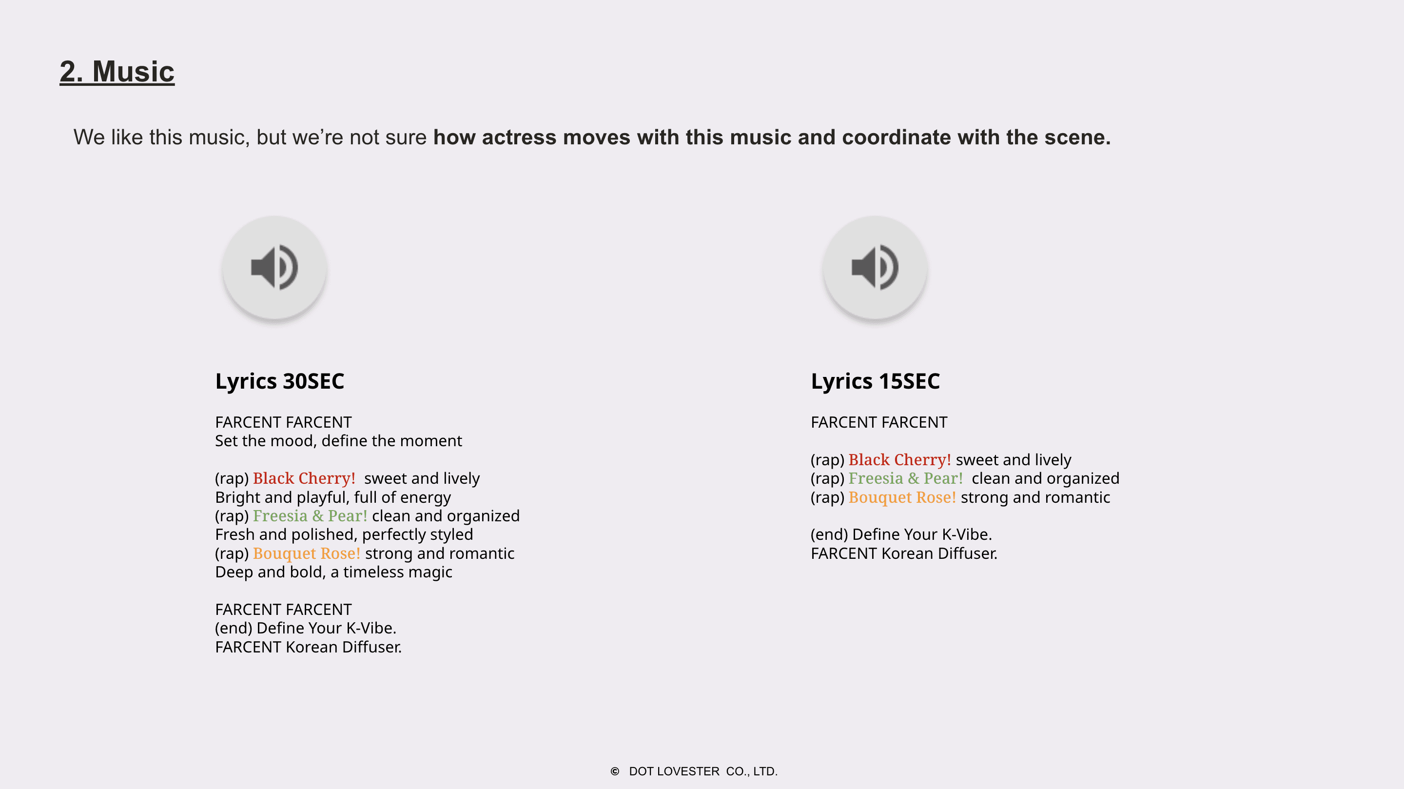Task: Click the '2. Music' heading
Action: coord(117,71)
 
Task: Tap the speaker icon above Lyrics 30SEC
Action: coord(274,267)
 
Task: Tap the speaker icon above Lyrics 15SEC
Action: coord(875,267)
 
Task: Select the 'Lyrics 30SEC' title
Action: coord(280,381)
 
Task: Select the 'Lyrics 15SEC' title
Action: coord(876,381)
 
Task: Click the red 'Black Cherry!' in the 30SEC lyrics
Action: coord(304,478)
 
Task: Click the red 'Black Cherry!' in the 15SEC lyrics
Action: coord(900,460)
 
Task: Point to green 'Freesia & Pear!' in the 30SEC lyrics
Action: coord(310,516)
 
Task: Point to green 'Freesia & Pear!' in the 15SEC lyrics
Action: coord(906,478)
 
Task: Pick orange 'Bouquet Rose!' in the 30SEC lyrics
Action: coord(307,553)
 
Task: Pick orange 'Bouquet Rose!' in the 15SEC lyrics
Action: coord(902,497)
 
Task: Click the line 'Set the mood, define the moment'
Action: coord(338,440)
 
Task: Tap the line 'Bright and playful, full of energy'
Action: coord(333,497)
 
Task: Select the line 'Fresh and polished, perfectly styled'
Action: coord(344,534)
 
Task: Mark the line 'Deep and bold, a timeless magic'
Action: coord(333,572)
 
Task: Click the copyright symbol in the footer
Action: coord(615,771)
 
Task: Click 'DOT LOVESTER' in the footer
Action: coord(674,771)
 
